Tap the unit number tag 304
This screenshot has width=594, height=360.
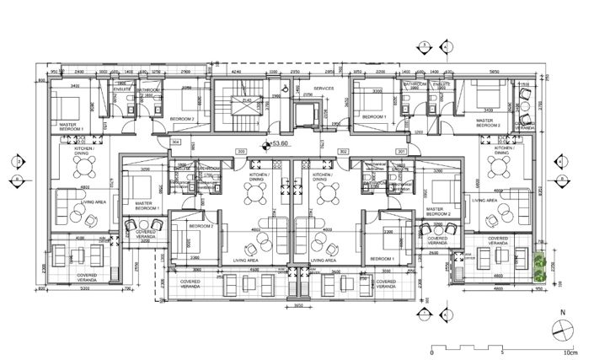[x=177, y=142]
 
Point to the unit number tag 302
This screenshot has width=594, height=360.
[x=343, y=152]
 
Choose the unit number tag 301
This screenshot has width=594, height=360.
[x=401, y=152]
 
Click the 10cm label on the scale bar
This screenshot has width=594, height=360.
[x=570, y=354]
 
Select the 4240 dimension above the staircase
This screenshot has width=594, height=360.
[x=236, y=73]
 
